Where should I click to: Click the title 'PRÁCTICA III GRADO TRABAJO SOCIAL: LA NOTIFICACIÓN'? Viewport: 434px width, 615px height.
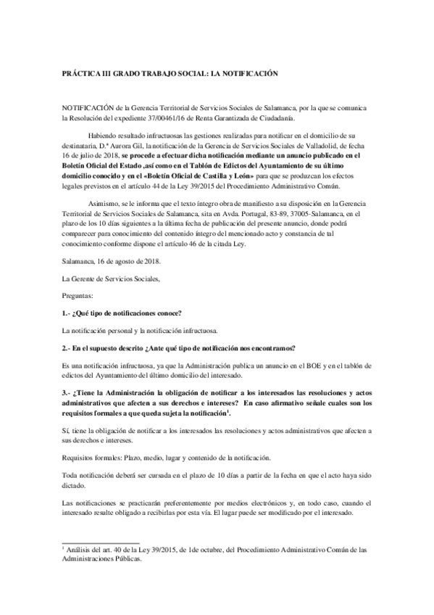[170, 74]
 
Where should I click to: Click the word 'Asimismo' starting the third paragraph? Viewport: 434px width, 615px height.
[103, 206]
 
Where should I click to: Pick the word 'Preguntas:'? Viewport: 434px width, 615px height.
[78, 294]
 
